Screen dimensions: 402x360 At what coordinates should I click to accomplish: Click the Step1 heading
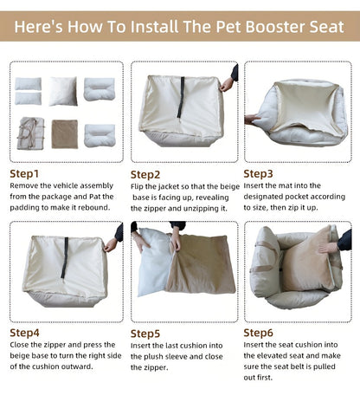tap(25, 172)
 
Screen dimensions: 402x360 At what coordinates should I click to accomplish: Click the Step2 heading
tap(145, 174)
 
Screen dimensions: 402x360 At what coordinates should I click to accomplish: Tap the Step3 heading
tap(259, 172)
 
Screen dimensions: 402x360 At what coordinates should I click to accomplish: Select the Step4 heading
tap(25, 332)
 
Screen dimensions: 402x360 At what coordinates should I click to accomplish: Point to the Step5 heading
tap(145, 333)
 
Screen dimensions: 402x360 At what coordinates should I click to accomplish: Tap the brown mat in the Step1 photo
tap(63, 133)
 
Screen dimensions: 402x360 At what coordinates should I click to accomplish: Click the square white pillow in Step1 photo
tap(63, 90)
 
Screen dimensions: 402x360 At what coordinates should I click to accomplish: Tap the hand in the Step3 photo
tap(252, 120)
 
